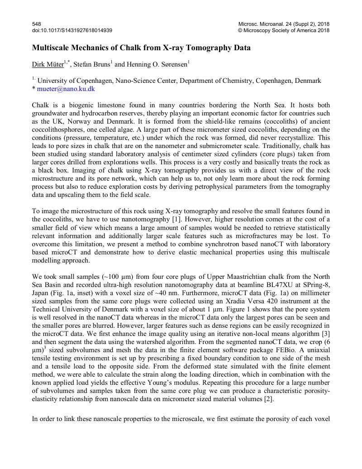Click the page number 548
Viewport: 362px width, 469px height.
point(36,24)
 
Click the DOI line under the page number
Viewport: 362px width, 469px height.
point(72,30)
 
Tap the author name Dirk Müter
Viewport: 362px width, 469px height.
point(48,65)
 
